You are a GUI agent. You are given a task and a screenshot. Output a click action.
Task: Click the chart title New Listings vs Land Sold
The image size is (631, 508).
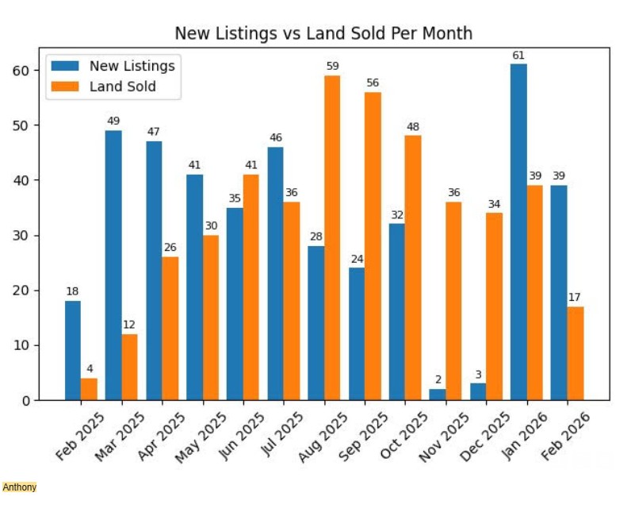click(x=323, y=33)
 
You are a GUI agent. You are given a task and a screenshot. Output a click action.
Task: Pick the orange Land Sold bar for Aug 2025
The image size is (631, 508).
click(x=332, y=237)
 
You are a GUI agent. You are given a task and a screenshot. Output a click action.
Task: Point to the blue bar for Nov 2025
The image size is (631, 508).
click(x=438, y=394)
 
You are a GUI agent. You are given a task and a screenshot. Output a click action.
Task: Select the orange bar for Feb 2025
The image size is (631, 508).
click(x=89, y=389)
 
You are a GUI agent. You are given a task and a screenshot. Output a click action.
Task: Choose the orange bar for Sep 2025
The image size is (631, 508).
click(x=373, y=246)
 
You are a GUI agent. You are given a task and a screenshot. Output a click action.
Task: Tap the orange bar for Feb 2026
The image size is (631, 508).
click(x=576, y=353)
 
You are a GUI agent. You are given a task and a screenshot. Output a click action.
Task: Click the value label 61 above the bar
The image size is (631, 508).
click(x=518, y=55)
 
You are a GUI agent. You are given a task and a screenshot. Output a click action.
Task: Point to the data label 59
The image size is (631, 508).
click(x=332, y=66)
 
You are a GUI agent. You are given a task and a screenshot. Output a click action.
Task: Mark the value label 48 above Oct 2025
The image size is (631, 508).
click(x=413, y=126)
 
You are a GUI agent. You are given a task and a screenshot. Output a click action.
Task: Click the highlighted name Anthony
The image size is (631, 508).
click(x=20, y=487)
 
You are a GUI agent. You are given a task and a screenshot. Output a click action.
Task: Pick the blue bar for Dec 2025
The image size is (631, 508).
click(x=478, y=392)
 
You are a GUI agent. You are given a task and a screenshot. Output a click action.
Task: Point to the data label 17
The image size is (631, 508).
click(x=575, y=298)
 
